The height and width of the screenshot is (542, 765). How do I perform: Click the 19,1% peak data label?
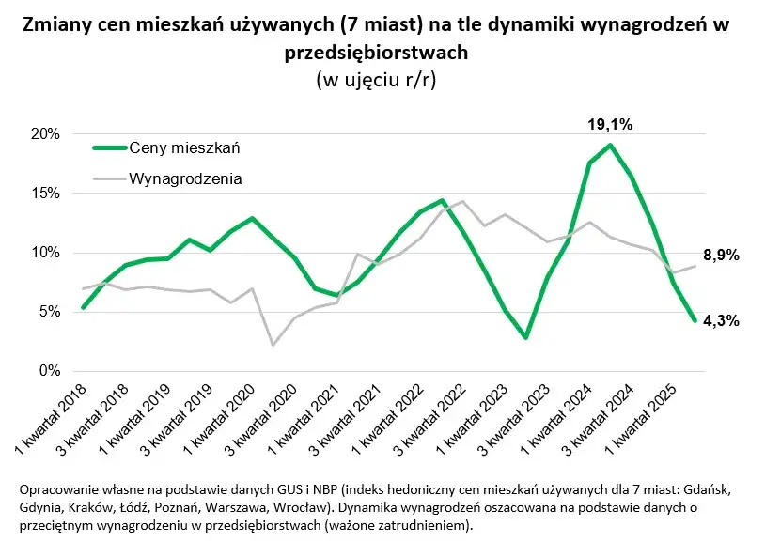[610, 123]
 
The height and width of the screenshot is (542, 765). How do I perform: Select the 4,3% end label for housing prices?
[722, 320]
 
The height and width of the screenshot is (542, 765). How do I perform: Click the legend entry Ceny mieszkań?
[185, 147]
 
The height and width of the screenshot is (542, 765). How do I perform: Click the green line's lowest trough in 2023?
[526, 337]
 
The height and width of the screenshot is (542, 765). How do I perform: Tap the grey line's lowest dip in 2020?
[273, 345]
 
